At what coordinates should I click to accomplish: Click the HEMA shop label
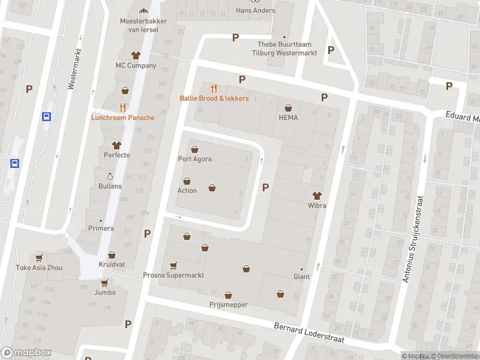point(288,118)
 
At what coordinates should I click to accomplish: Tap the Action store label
point(187,191)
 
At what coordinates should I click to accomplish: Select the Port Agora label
point(194,160)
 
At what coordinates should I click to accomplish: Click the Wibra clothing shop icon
point(317,195)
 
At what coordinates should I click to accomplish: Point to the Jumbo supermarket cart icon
point(104,283)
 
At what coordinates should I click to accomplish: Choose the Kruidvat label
point(112,265)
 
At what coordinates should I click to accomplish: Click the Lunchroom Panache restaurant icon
point(122,107)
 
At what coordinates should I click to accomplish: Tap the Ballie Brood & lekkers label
point(214,98)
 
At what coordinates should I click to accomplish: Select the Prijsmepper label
point(228,305)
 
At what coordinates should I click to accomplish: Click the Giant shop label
point(301,277)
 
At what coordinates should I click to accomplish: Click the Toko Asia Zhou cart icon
point(39,257)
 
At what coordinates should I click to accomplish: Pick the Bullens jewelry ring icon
point(110,176)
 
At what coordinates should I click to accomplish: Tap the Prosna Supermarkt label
point(173,275)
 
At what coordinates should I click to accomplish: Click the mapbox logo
point(26,353)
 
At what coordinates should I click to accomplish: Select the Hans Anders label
point(256,10)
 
